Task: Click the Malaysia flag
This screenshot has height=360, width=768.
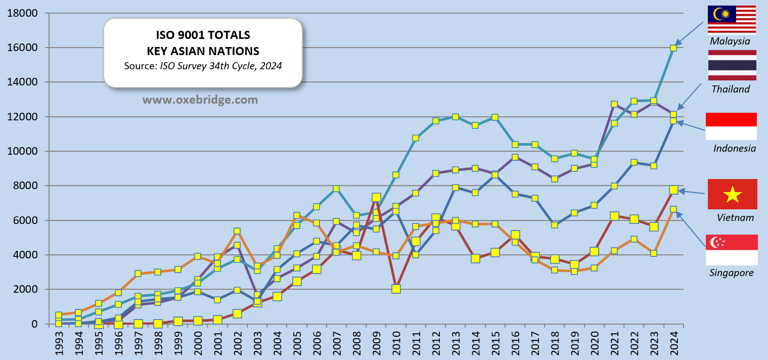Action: coord(732,20)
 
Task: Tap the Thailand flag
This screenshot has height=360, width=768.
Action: coord(732,65)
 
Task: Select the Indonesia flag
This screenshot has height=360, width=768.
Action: coord(731,126)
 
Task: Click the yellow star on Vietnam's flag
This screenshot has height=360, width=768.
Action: coord(732,194)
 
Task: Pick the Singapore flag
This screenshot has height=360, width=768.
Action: coord(731,250)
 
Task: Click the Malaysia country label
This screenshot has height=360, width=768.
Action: coord(730,41)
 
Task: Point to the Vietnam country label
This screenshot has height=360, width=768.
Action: coord(735,218)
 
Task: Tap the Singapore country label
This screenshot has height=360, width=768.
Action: coord(731,273)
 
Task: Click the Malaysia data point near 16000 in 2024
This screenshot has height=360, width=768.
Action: coord(673,48)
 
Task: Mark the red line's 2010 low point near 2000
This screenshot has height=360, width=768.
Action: coord(396,289)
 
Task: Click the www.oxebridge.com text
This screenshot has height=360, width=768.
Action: coord(201,100)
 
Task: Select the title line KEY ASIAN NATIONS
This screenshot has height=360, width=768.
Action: coord(203,51)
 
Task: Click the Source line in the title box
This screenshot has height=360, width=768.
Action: coord(203,66)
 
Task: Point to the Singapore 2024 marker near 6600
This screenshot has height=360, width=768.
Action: coord(673,209)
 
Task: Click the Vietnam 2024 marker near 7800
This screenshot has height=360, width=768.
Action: coord(673,190)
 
